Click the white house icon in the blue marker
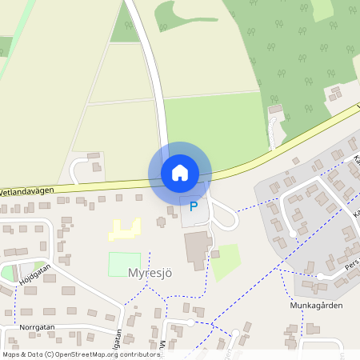click(x=180, y=173)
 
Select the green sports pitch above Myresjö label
click(x=124, y=263)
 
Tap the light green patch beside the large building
click(x=226, y=260)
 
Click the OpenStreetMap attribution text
click(x=81, y=354)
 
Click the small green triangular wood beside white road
click(x=124, y=25)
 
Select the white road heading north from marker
click(x=152, y=72)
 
